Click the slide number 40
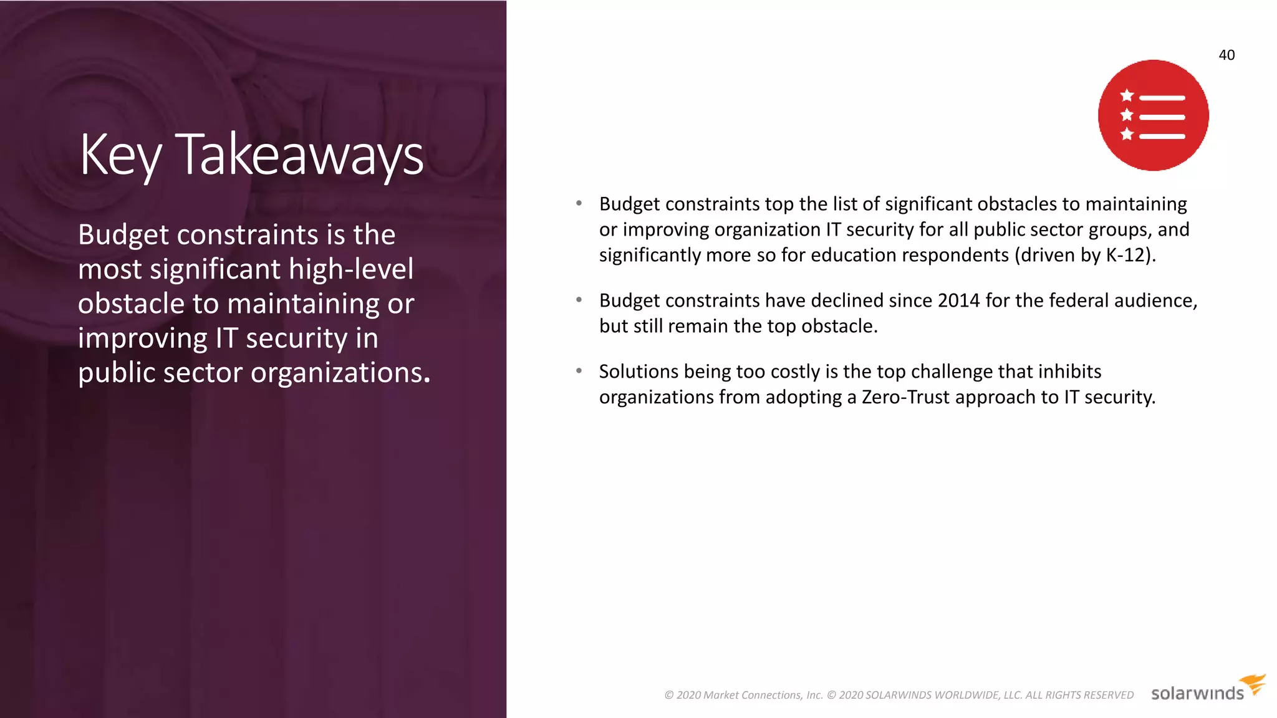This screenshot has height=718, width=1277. [1226, 55]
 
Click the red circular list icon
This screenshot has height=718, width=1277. [1153, 115]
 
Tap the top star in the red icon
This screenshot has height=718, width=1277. [1127, 95]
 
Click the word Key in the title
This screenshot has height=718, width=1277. [120, 155]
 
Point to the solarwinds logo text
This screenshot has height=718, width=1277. [1197, 694]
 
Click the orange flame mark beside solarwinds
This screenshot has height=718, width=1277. [1253, 683]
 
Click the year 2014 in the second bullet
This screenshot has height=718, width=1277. [958, 300]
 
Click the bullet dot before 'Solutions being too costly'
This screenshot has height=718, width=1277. [579, 371]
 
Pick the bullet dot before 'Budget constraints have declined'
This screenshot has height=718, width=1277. [579, 300]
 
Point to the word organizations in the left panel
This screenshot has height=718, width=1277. [340, 373]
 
